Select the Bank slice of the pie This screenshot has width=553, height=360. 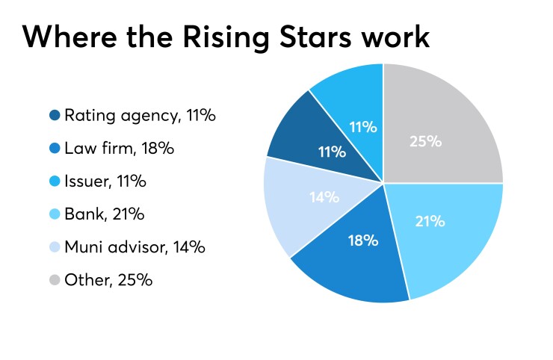tap(448, 232)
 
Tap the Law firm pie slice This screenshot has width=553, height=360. tap(359, 261)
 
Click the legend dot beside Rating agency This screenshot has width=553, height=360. tap(55, 116)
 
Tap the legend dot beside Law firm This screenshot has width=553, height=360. tap(55, 149)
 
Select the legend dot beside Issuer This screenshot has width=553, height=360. tap(55, 181)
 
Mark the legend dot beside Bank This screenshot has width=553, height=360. tap(55, 214)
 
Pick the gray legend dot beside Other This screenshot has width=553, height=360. tap(55, 280)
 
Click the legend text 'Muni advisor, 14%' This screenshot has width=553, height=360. tap(135, 247)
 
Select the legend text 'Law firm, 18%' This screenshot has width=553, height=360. tap(119, 149)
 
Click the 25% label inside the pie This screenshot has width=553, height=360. tap(426, 140)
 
